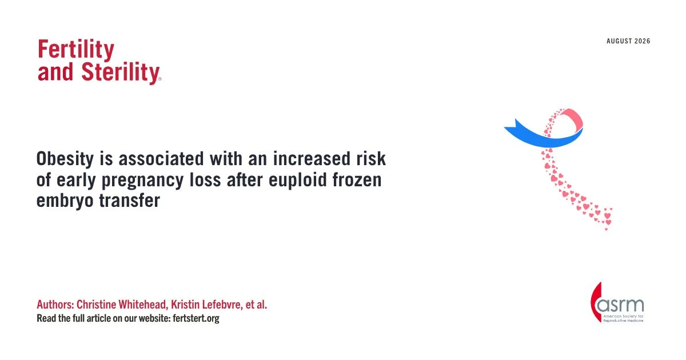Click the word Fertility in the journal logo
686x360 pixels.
[x=76, y=50]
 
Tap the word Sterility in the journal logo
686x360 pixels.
[x=121, y=73]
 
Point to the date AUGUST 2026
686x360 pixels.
[x=628, y=41]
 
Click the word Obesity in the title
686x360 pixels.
[x=65, y=159]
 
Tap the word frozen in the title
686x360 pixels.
[x=357, y=179]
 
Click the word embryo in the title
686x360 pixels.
[x=65, y=201]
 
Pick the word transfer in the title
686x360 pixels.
[x=130, y=201]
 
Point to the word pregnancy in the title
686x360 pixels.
[x=142, y=181]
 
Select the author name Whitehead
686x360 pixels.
[x=143, y=305]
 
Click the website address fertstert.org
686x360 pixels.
[x=196, y=318]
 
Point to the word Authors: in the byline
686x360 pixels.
[x=55, y=305]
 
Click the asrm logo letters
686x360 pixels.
[x=620, y=305]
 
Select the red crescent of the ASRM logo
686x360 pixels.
[x=595, y=302]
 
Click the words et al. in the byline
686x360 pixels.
[x=256, y=305]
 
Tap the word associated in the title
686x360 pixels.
[x=161, y=159]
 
